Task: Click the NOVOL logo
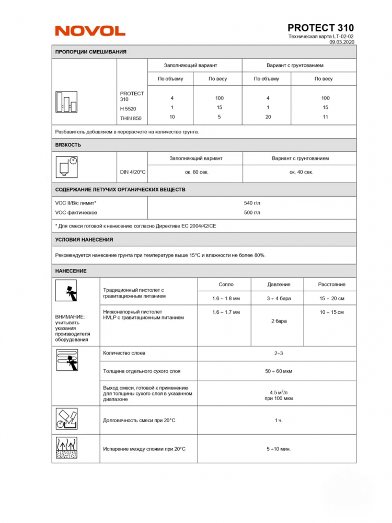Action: (90, 31)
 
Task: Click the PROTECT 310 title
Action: (320, 28)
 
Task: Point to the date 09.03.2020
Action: (342, 42)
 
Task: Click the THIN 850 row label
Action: (131, 118)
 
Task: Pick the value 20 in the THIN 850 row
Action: (268, 117)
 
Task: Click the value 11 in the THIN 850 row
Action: (325, 117)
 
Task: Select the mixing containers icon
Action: (66, 102)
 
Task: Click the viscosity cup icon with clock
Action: (66, 167)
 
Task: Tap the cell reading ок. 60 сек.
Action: (195, 172)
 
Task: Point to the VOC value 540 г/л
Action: (252, 202)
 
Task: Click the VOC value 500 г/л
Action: (252, 213)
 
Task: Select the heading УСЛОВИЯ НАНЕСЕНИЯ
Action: (84, 240)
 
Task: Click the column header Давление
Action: (279, 285)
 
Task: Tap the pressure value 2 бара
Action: (279, 321)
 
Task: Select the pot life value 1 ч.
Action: (279, 420)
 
